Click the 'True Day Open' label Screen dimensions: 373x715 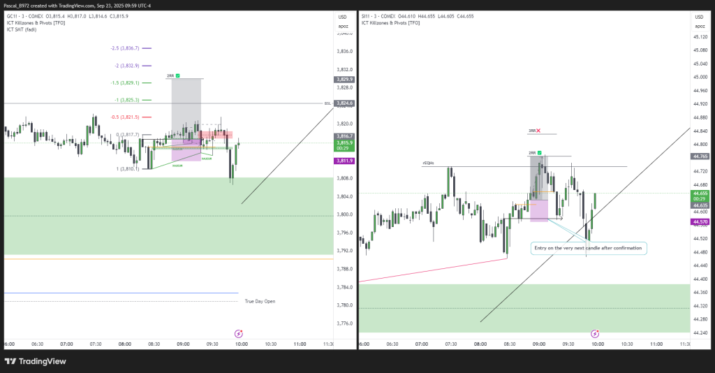260,301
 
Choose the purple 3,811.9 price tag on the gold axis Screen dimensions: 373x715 344,161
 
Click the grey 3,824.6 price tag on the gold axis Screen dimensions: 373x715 344,103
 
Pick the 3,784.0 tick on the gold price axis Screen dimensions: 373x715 344,287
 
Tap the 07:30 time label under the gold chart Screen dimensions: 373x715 96,344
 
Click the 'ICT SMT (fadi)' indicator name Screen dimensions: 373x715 21,29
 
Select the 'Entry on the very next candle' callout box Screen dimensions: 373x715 588,248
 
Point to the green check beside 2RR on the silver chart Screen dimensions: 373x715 540,152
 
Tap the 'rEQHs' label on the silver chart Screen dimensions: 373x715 428,163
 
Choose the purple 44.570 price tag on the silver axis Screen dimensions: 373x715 699,222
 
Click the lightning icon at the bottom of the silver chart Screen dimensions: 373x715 594,334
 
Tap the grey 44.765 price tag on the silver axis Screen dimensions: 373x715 699,156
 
